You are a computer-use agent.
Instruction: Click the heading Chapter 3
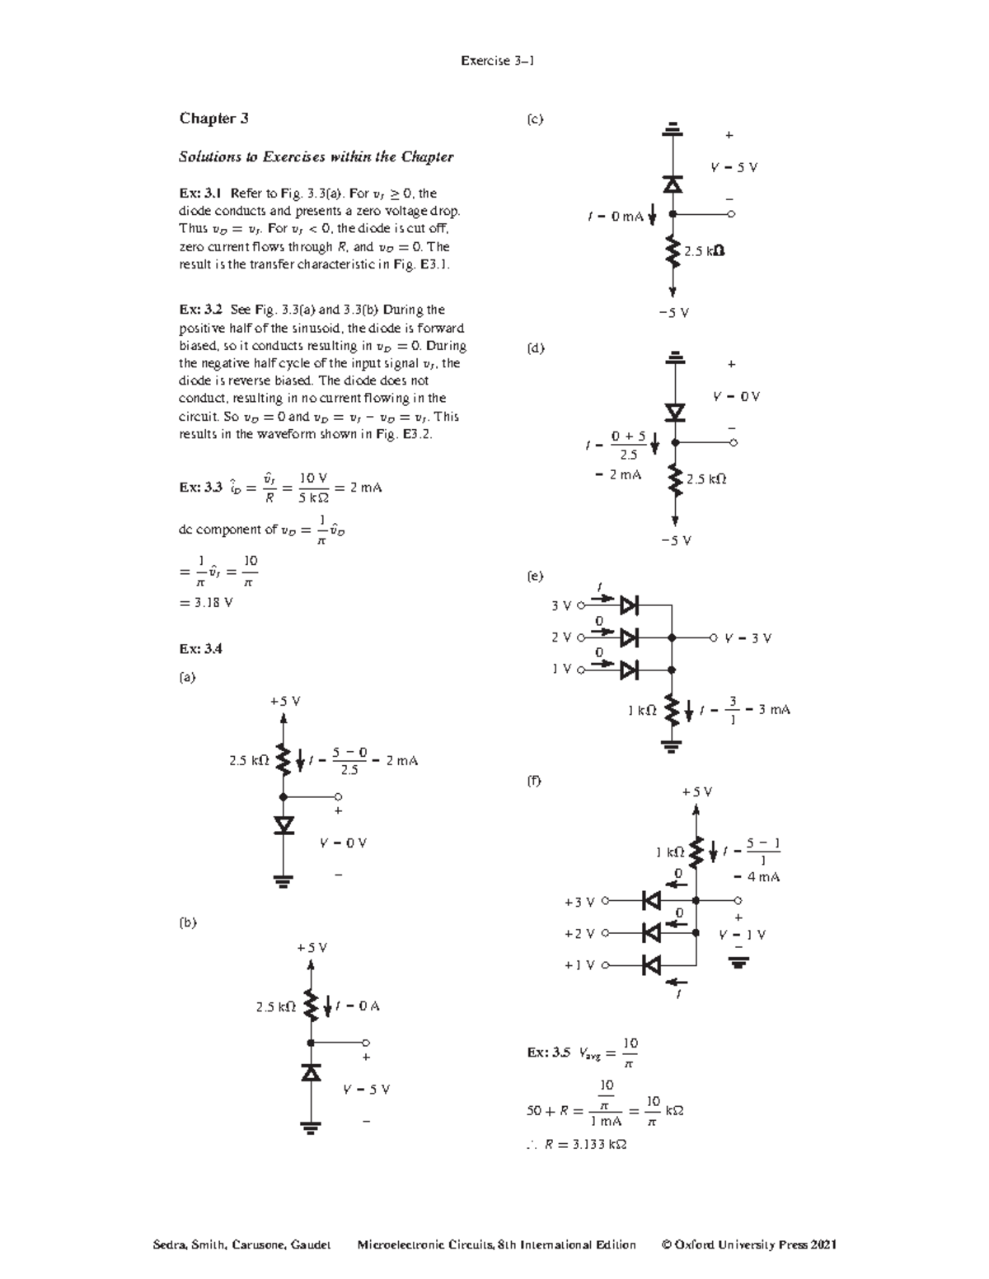213,119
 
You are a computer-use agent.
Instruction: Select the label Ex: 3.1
200,194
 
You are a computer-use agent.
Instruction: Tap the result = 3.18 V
205,602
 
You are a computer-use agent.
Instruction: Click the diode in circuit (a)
284,825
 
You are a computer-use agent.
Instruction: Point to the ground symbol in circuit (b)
311,1127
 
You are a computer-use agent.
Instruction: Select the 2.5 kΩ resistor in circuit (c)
673,250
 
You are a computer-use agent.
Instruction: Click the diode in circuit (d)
675,412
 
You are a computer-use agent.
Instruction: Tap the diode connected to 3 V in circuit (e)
630,606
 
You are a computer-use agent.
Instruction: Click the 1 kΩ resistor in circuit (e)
672,709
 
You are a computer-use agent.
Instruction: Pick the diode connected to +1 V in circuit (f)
652,964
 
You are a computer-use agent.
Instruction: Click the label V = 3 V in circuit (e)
748,638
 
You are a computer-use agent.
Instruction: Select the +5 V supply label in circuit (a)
284,702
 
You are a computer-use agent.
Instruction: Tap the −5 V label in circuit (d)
675,541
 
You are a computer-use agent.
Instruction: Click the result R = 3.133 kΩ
585,1144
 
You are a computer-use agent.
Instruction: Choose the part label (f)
534,780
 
